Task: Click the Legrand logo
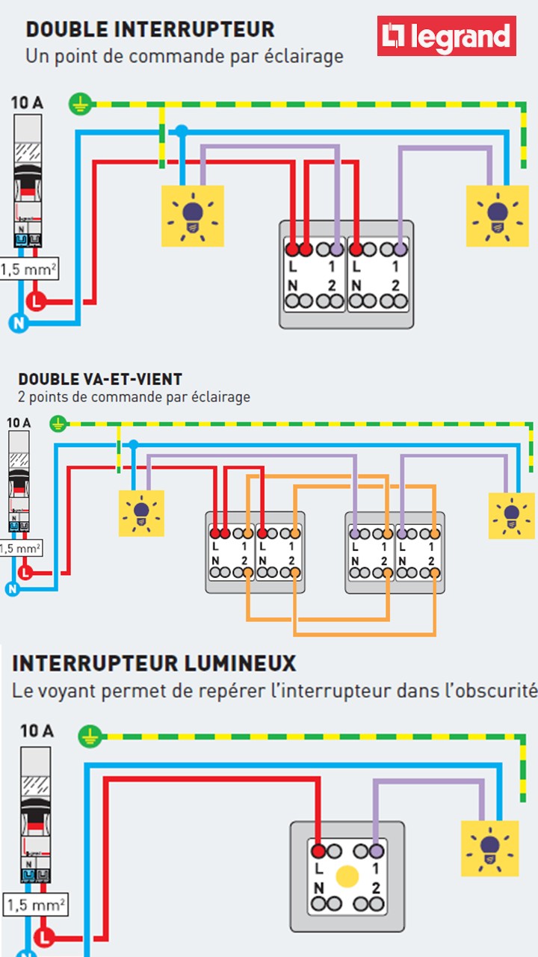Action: coord(446,37)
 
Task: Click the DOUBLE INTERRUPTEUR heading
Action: coord(150,30)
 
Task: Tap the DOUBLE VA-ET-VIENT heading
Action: coord(100,380)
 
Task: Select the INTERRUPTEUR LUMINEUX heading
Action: coord(154,663)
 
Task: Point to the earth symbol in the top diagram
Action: coord(79,104)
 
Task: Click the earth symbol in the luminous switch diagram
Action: coord(90,736)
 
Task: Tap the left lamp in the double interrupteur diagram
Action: coord(193,215)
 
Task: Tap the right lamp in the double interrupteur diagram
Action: coord(497,215)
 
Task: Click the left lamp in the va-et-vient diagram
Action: coord(141,513)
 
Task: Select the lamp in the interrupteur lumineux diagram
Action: coord(489,848)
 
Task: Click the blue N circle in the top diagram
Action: coord(17,323)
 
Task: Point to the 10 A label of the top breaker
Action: coord(27,102)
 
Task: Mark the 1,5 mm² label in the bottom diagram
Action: coord(34,905)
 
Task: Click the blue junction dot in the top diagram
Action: coord(181,131)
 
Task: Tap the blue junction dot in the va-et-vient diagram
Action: coord(134,445)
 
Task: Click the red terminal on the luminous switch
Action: coord(318,851)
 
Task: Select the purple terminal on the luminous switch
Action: coord(376,851)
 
